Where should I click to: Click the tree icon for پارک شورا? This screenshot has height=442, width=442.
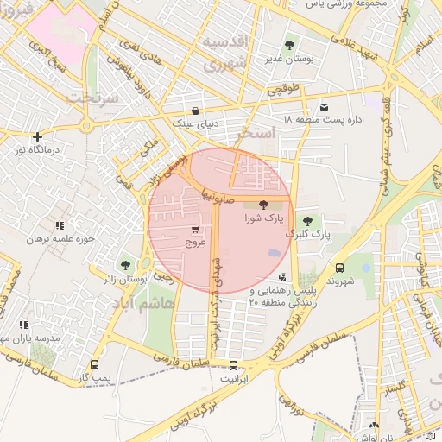pyautogui.click(x=263, y=204)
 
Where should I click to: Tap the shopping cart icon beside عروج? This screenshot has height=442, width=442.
pyautogui.click(x=195, y=230)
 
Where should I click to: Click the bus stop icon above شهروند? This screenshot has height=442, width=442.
pyautogui.click(x=339, y=268)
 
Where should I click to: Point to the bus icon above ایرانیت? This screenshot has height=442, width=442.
pyautogui.click(x=231, y=365)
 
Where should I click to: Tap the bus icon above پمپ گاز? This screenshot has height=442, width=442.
pyautogui.click(x=94, y=365)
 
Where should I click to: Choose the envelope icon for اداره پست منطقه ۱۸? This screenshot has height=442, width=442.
pyautogui.click(x=324, y=106)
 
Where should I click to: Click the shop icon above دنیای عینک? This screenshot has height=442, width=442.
pyautogui.click(x=196, y=110)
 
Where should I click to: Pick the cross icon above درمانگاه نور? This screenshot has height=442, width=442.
pyautogui.click(x=36, y=136)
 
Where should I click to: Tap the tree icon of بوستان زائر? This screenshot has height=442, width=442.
pyautogui.click(x=125, y=265)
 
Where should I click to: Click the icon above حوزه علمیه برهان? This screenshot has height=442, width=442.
pyautogui.click(x=59, y=225)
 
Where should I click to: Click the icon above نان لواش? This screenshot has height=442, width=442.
pyautogui.click(x=373, y=425)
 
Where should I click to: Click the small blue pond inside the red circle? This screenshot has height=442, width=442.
pyautogui.click(x=275, y=252)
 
